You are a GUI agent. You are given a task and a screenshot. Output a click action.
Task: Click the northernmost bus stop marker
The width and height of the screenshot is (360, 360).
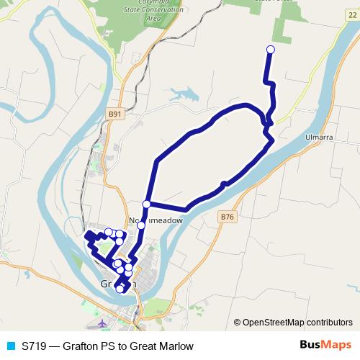click(271, 50)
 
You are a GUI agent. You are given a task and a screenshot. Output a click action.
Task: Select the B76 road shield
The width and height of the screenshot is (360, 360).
click(228, 216)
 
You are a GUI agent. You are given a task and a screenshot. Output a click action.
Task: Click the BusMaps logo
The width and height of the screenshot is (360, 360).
click(320, 346)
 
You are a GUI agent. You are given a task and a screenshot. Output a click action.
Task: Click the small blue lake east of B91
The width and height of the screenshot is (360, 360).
click(183, 93)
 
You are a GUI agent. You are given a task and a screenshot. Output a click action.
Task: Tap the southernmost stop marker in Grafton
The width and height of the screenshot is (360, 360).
click(120, 289)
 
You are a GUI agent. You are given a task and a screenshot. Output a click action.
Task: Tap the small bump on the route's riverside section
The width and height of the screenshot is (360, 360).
click(225, 184)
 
